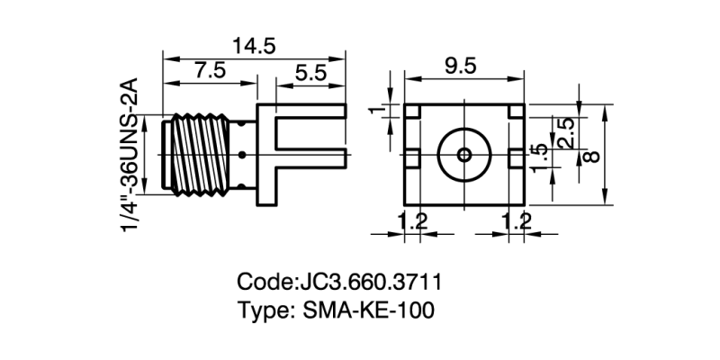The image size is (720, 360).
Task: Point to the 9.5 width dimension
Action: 461,64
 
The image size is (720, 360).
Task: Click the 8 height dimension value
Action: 591,156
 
